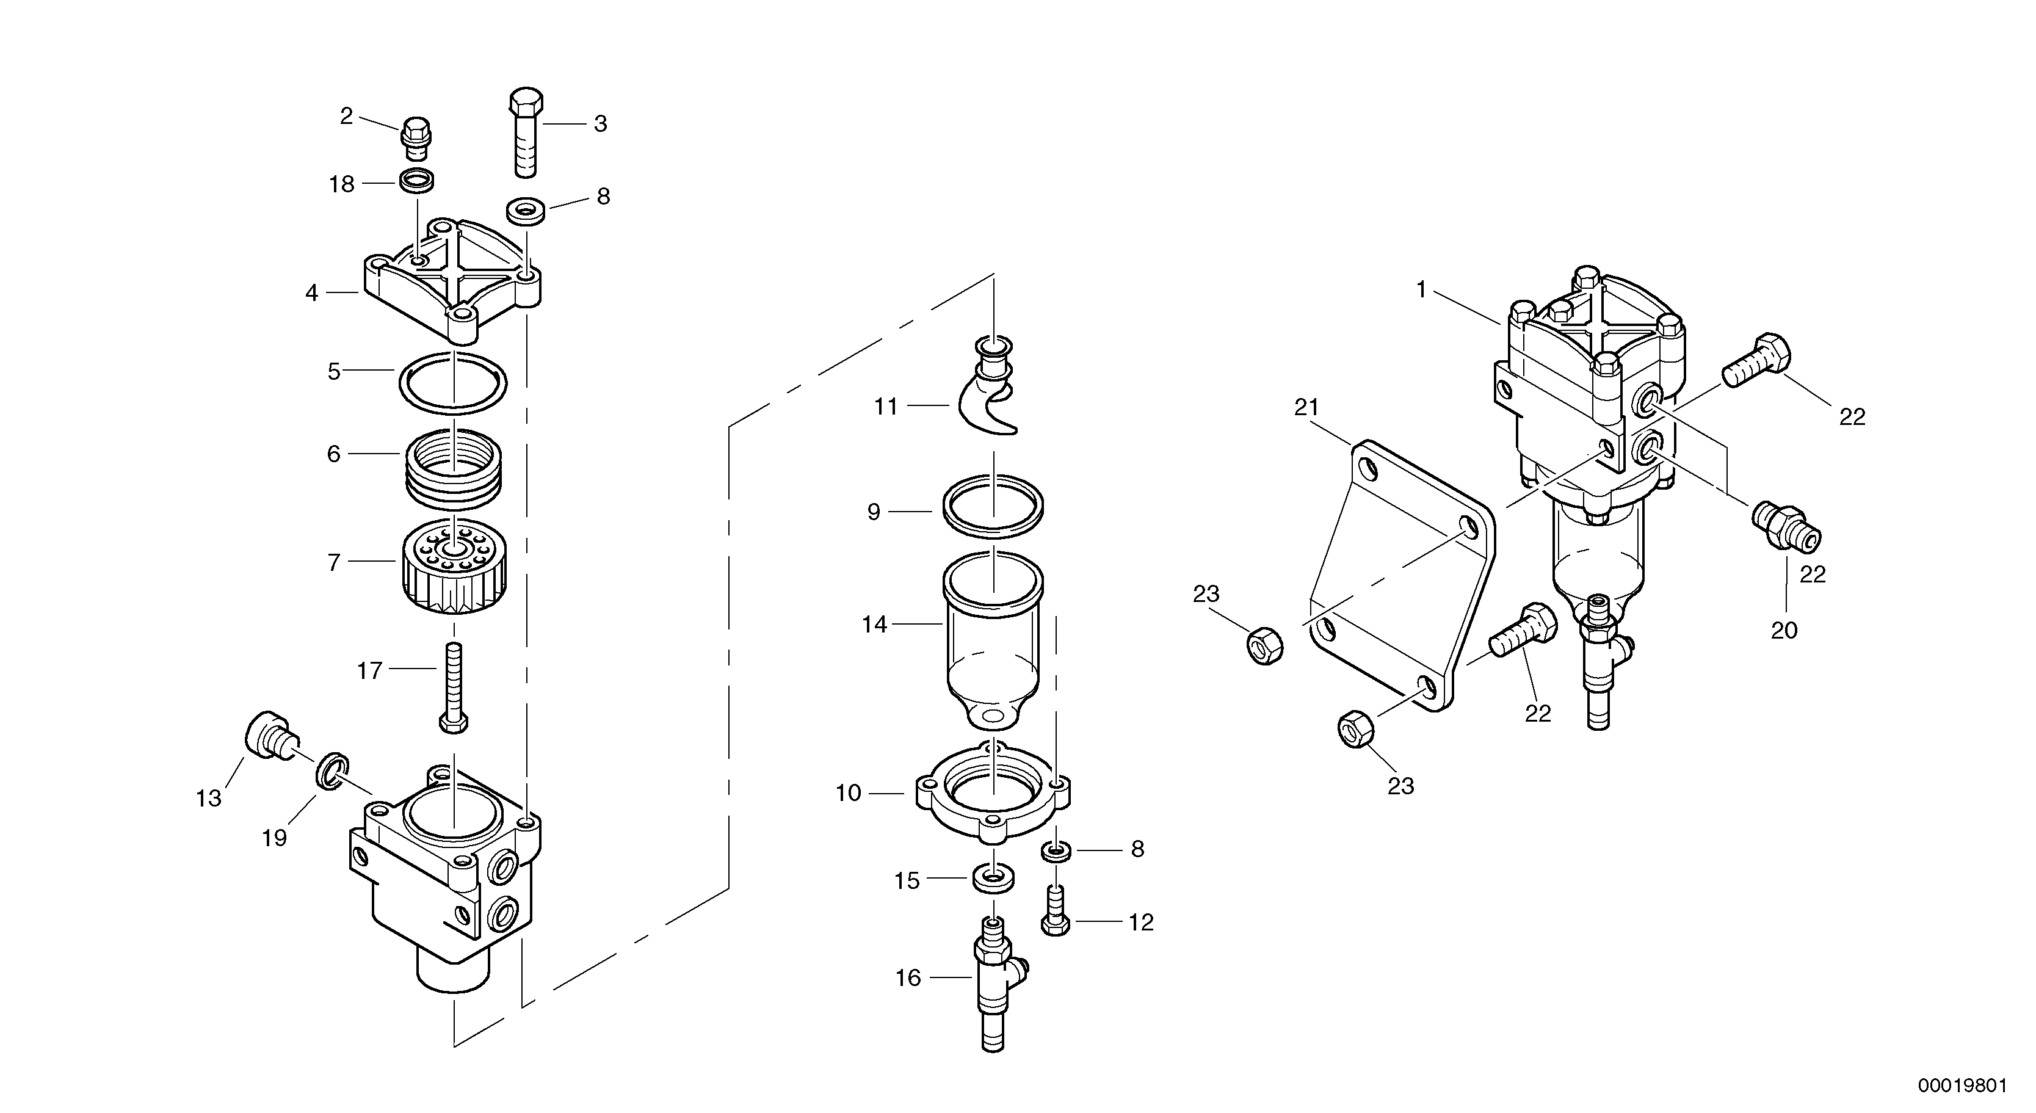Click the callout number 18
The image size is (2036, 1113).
[341, 185]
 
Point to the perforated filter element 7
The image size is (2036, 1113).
[454, 569]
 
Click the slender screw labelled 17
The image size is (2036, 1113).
[454, 684]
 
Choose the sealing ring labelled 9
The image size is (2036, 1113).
[993, 512]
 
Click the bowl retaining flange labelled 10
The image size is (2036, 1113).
[993, 799]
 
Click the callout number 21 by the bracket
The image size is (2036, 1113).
[1306, 408]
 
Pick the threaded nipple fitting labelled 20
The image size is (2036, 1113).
[1786, 526]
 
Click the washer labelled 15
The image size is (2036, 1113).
[993, 877]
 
